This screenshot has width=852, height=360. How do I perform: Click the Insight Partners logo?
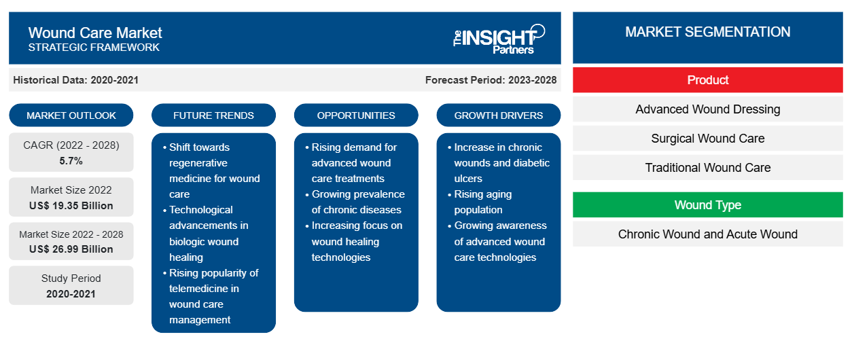tap(499, 39)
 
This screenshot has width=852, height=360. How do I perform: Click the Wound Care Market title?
tap(95, 33)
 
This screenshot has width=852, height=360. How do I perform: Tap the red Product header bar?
tap(707, 80)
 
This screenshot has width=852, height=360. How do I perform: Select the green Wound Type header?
tap(707, 204)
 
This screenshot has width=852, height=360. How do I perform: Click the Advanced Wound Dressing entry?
tap(707, 109)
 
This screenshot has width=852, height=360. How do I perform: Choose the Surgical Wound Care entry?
tap(707, 139)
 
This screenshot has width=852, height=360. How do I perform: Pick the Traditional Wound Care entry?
tap(707, 167)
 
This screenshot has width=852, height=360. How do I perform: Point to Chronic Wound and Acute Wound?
tap(707, 234)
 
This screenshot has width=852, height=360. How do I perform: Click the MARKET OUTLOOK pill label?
tap(71, 115)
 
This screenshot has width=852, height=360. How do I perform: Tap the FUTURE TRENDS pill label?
tap(213, 115)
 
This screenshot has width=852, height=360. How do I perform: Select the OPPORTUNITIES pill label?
tap(356, 115)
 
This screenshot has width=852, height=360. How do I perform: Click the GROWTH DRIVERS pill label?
tap(498, 115)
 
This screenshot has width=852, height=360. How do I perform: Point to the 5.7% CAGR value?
tap(71, 161)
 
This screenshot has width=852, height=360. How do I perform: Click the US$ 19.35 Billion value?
tap(71, 206)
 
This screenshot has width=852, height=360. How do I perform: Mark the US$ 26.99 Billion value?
tap(71, 249)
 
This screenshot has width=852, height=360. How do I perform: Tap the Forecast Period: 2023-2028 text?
tap(491, 80)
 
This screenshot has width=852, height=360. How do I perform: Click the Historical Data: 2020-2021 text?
tap(75, 80)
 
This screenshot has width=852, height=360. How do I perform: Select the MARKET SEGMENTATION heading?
tap(707, 32)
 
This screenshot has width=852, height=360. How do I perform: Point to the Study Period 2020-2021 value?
tap(71, 294)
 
